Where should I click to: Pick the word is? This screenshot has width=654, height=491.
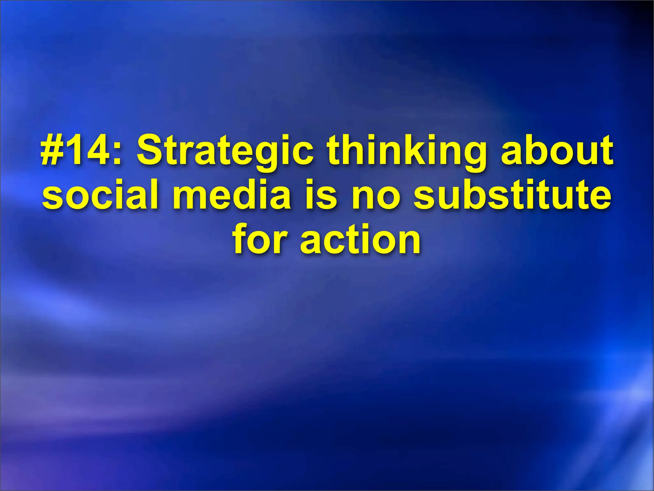pos(321,195)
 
